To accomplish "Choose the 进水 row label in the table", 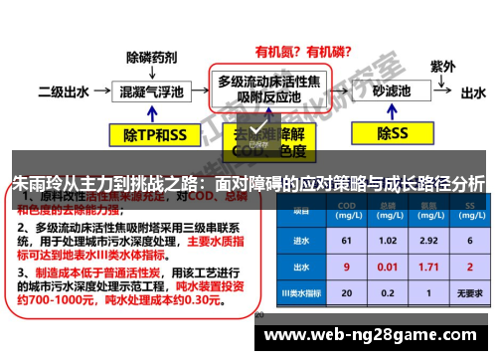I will tap(298, 240).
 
